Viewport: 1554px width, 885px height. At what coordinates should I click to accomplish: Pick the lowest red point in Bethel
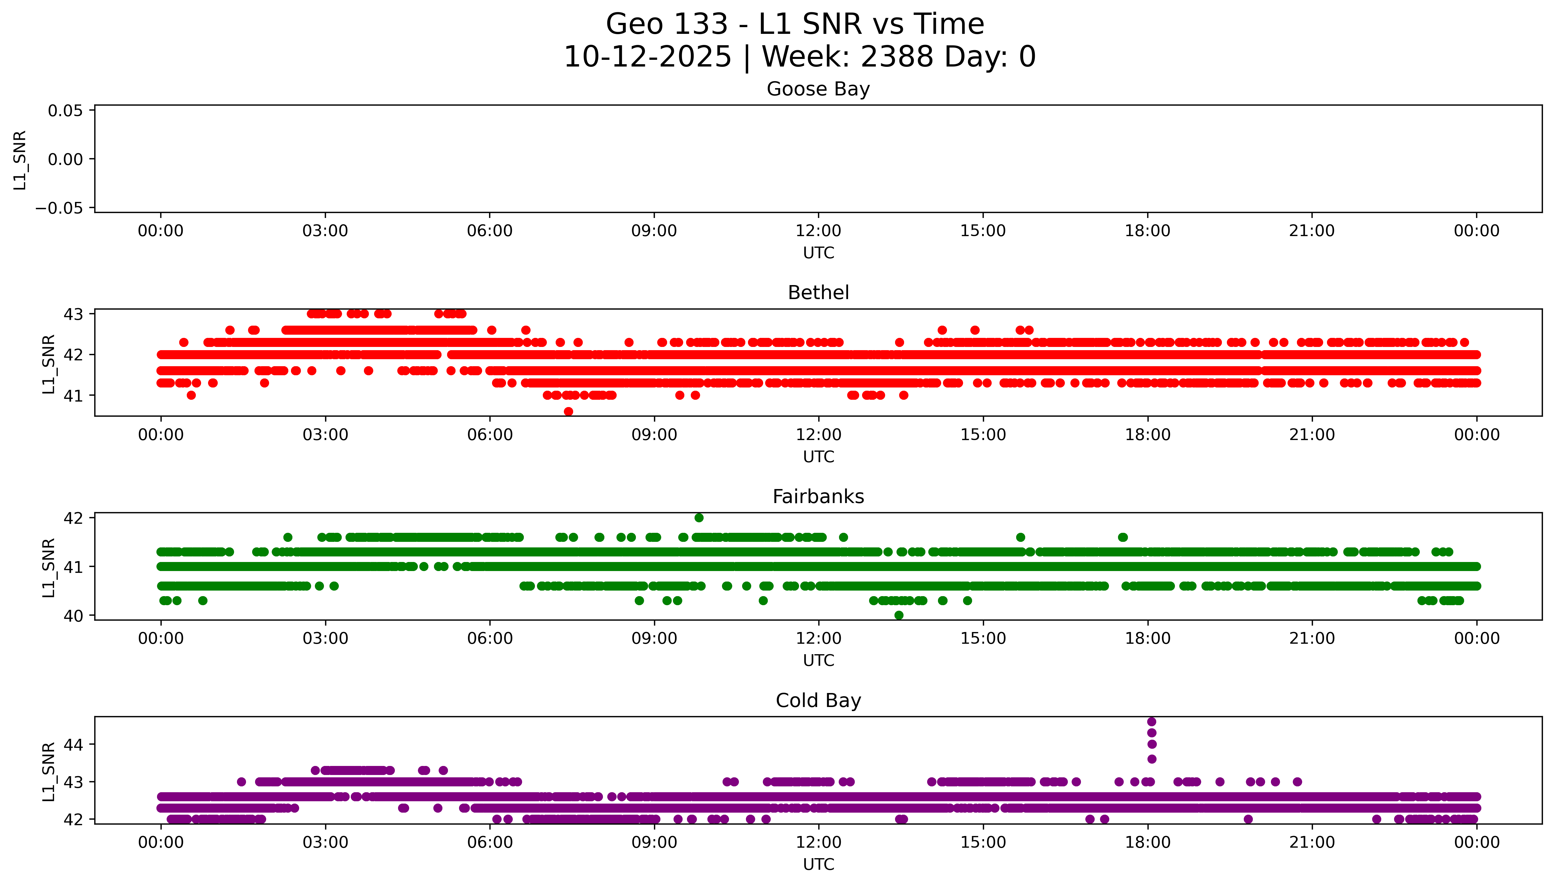tap(568, 411)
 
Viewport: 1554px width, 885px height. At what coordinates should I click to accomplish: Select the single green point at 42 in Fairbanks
tap(699, 518)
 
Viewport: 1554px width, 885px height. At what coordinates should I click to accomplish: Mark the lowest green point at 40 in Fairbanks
tap(899, 615)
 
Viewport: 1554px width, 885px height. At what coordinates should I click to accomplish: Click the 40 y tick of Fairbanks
tap(73, 616)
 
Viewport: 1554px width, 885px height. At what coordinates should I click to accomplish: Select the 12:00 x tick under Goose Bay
tap(818, 231)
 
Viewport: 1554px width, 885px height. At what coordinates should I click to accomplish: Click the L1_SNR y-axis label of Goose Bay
tap(20, 160)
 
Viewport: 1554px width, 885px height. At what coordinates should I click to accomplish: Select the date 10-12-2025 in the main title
tap(647, 57)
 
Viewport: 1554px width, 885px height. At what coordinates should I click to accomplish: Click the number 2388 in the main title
tap(897, 57)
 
